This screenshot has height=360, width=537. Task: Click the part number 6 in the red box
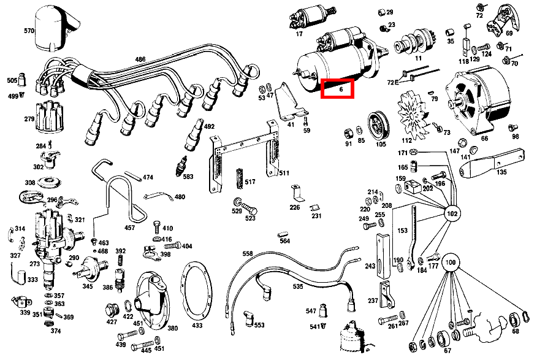(338, 89)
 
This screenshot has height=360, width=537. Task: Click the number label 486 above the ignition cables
(140, 59)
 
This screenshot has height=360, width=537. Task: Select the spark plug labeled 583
(181, 166)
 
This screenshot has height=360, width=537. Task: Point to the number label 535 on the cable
(297, 286)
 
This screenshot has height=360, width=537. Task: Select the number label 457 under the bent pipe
(130, 228)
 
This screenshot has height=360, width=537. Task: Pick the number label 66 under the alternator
(485, 139)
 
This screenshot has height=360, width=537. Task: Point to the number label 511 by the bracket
(284, 173)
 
